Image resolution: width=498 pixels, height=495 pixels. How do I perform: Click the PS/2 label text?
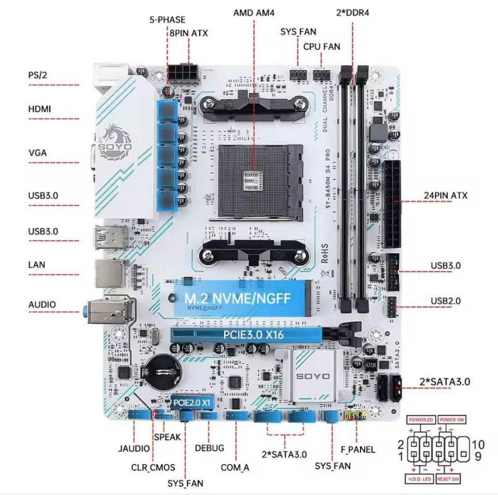click(x=38, y=76)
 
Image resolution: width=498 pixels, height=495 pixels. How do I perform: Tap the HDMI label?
click(x=39, y=109)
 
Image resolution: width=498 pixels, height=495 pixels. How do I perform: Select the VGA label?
click(x=37, y=152)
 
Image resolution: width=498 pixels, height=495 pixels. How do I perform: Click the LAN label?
click(x=36, y=264)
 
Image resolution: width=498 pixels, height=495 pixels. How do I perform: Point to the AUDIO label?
click(x=42, y=304)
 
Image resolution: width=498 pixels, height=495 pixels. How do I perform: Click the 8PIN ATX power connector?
click(x=182, y=74)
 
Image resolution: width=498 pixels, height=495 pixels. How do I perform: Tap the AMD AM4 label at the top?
click(x=254, y=12)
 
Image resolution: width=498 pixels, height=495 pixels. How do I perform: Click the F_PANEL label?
click(x=358, y=450)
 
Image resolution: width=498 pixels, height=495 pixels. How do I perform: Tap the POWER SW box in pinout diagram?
click(x=451, y=420)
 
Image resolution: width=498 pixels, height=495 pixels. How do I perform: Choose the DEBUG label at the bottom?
click(x=209, y=448)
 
